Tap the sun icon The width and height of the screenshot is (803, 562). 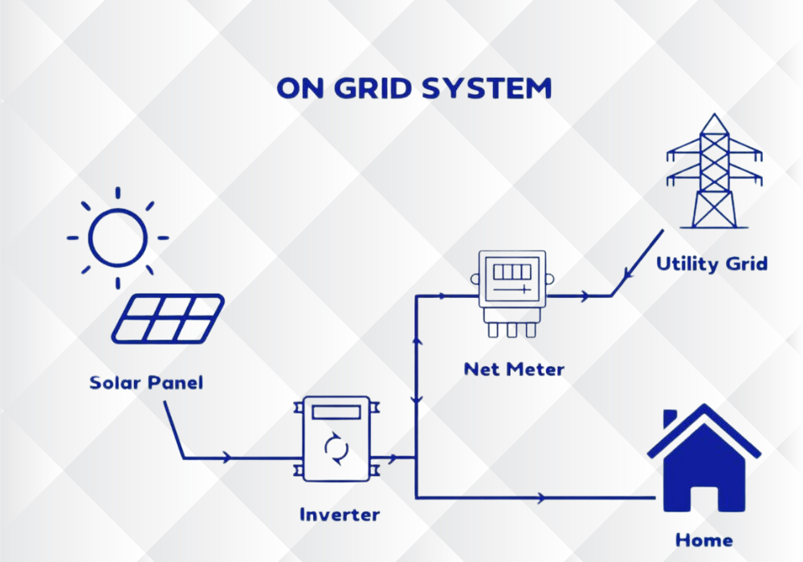tap(118, 238)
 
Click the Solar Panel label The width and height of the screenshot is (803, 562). tap(146, 382)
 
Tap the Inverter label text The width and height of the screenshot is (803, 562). tap(339, 514)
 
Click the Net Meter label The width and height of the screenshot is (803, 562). tap(514, 369)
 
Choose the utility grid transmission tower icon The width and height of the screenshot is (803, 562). tap(713, 172)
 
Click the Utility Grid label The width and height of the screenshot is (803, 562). tap(711, 263)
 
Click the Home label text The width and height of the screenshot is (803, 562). tap(703, 539)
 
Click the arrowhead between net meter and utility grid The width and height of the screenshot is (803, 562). tap(588, 295)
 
